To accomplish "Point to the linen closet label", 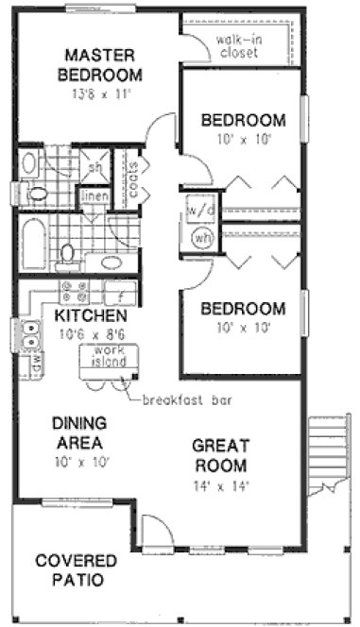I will pyautogui.click(x=95, y=195).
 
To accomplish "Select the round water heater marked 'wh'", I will pyautogui.click(x=202, y=237).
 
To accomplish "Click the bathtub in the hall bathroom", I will pyautogui.click(x=34, y=243).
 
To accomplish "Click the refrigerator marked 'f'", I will pyautogui.click(x=119, y=292).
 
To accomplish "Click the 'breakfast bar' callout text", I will pyautogui.click(x=187, y=398).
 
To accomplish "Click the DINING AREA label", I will pyautogui.click(x=80, y=432).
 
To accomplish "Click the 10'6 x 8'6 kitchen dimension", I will pyautogui.click(x=91, y=333).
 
